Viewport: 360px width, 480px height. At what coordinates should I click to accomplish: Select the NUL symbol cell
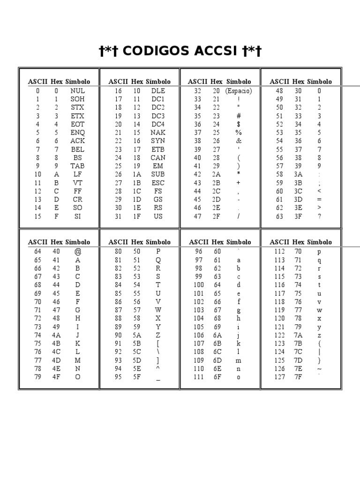(x=77, y=91)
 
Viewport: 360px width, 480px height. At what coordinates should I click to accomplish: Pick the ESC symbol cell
(x=158, y=183)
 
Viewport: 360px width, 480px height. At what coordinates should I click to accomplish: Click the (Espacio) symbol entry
(x=238, y=91)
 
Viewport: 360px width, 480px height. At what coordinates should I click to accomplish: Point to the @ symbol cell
(x=78, y=252)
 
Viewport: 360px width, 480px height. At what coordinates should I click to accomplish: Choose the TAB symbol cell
(x=77, y=166)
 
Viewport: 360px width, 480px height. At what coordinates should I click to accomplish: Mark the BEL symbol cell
(x=77, y=150)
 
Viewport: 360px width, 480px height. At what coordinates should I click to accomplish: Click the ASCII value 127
(x=279, y=377)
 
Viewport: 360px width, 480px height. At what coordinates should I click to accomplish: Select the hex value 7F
(x=298, y=377)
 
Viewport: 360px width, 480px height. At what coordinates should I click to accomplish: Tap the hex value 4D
(x=56, y=360)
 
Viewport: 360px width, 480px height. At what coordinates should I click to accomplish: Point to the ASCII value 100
(x=199, y=285)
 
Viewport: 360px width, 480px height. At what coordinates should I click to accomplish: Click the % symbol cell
(x=239, y=133)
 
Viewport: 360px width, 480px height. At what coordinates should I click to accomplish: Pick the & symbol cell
(x=239, y=141)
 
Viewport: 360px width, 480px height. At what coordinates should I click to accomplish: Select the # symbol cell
(x=239, y=116)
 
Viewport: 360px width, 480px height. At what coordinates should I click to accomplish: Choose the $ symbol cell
(x=239, y=124)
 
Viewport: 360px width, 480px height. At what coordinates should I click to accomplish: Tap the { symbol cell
(x=319, y=344)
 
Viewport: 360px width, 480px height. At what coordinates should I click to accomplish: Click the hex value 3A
(x=298, y=174)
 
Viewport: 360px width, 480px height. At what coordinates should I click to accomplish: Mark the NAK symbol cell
(x=158, y=133)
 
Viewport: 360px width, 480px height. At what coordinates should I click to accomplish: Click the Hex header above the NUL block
(x=57, y=82)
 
